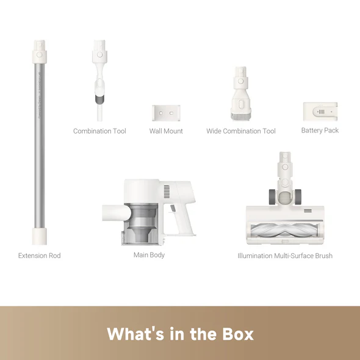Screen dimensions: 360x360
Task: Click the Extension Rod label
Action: [x=39, y=256]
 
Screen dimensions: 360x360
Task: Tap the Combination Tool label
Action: [x=99, y=131]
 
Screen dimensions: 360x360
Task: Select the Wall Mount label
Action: [x=166, y=131]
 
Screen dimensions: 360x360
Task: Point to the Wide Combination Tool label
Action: [x=241, y=131]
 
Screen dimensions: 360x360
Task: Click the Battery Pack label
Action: [x=320, y=130]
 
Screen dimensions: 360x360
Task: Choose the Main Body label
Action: [x=149, y=255]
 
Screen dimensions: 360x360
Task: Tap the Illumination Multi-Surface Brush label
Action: [x=285, y=256]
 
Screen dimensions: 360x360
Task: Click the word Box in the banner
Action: [x=238, y=334]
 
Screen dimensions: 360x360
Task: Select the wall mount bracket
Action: [x=166, y=113]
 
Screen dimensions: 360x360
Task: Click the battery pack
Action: [x=320, y=112]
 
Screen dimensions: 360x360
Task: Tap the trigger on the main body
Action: [x=173, y=208]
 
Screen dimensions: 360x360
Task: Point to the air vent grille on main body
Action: [x=167, y=192]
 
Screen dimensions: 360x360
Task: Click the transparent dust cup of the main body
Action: [x=140, y=223]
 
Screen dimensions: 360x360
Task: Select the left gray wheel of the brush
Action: [x=272, y=196]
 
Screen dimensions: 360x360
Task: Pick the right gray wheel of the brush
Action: [x=298, y=196]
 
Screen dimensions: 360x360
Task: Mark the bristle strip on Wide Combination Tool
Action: [x=240, y=116]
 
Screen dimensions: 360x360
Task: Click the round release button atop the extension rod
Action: [x=39, y=55]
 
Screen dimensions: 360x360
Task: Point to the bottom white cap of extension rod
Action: [x=40, y=236]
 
